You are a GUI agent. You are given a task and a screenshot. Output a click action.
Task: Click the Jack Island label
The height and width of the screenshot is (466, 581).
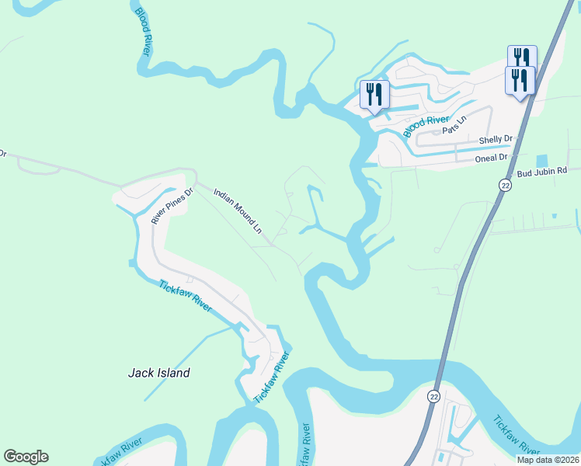(x=158, y=373)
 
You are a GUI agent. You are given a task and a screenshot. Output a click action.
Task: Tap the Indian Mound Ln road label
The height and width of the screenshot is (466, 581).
(x=237, y=210)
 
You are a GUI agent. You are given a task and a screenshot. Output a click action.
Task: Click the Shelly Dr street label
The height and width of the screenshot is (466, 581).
(x=496, y=140)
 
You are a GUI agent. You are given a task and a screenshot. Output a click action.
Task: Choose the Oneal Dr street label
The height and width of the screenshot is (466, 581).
(x=491, y=157)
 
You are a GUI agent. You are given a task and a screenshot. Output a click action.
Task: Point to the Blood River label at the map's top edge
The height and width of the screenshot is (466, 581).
(x=141, y=30)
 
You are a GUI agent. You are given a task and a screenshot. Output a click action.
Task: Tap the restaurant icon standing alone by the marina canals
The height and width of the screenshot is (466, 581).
(x=375, y=95)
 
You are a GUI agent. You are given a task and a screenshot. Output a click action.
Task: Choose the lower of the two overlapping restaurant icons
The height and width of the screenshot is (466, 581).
(x=518, y=79)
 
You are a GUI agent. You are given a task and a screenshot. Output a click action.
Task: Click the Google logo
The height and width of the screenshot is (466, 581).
(x=26, y=457)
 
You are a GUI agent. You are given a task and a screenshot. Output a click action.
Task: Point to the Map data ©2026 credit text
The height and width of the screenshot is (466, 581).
(x=548, y=460)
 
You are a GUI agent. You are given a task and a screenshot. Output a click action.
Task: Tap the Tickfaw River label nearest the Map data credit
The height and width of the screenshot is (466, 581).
(x=516, y=436)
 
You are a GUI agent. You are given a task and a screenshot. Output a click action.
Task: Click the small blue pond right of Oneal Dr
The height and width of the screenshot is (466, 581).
(x=541, y=161)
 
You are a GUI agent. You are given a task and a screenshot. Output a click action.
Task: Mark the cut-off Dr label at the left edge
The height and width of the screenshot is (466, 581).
(x=2, y=154)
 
